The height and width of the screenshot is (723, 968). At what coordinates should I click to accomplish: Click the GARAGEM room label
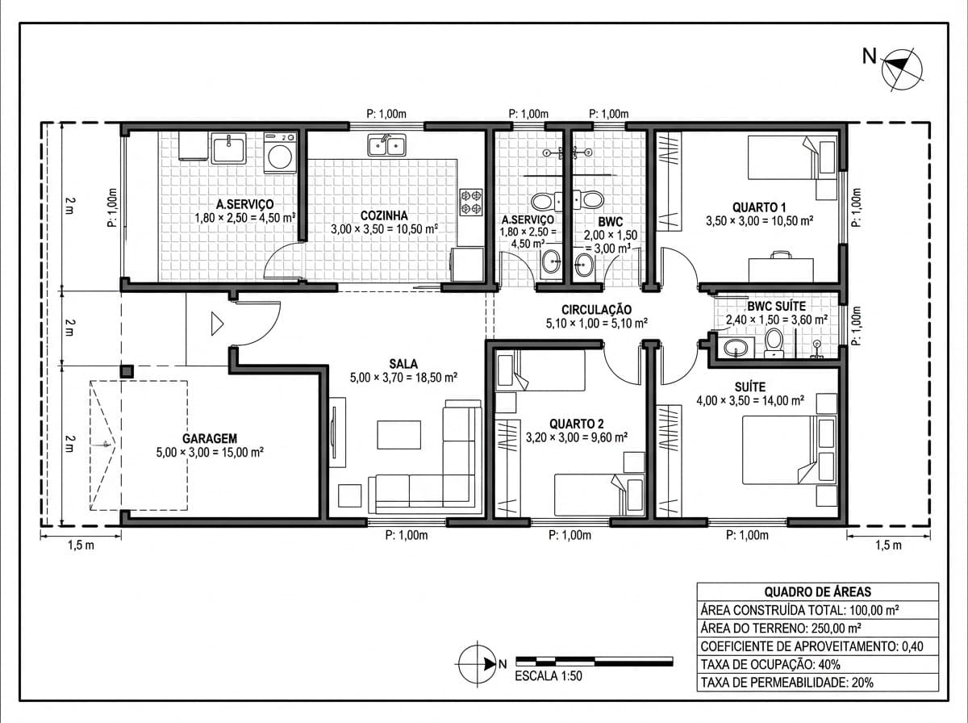pos(210,438)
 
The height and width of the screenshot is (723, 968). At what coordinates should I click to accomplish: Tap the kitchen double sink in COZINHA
pos(386,145)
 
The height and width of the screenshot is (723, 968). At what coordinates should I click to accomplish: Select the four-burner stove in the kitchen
pos(471,202)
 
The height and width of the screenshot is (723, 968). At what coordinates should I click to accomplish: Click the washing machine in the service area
pos(280,153)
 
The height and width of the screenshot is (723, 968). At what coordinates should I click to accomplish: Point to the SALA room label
pos(403,364)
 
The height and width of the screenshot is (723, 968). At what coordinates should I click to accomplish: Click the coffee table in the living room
pos(398,434)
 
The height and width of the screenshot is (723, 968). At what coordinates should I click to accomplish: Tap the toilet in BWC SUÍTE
pos(774,343)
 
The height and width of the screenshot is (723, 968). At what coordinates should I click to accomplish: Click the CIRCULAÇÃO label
pos(596,310)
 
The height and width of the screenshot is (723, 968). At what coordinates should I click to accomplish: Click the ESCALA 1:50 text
pos(549,676)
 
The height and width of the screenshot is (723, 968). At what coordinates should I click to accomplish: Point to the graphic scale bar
pos(594,661)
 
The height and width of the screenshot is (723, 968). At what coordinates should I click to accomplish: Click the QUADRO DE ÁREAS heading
pos(818,591)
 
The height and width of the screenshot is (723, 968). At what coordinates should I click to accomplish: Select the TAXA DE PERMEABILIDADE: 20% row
pos(786,683)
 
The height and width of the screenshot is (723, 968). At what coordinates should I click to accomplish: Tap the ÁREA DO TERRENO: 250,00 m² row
pos(781,628)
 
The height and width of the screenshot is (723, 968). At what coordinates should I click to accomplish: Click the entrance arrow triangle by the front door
pos(217,324)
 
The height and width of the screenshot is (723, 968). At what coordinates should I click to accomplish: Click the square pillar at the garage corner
pos(127,370)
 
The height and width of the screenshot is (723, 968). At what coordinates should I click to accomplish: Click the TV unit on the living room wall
pos(337,433)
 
